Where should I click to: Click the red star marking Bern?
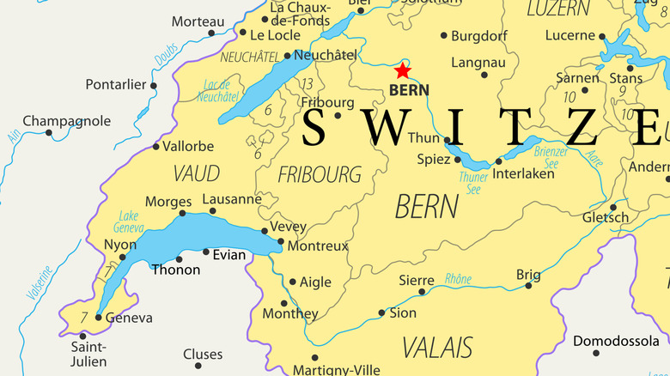(402, 70)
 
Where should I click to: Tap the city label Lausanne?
(232, 199)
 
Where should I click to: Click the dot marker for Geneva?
(98, 318)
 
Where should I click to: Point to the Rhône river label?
(458, 278)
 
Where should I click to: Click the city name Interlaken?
(522, 173)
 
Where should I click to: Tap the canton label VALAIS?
(437, 347)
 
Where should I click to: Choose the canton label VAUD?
(196, 173)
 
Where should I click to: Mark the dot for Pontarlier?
(154, 85)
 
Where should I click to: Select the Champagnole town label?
(66, 121)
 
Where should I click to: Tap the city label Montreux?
(318, 246)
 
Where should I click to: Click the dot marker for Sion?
(382, 313)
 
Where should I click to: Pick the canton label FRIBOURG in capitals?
(320, 174)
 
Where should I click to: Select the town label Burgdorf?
(480, 36)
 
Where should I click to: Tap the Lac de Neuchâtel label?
(217, 90)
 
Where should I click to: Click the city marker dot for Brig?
(528, 285)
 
